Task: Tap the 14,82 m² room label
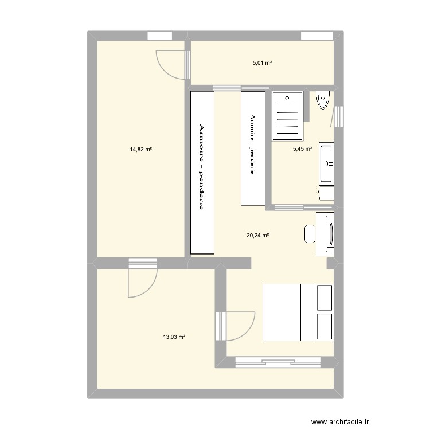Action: [x=140, y=150]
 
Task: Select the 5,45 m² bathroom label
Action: [x=302, y=148]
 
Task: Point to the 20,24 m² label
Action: [x=258, y=234]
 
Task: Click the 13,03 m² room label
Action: [x=174, y=337]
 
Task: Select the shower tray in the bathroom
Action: [x=288, y=116]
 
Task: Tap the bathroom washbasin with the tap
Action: [x=327, y=163]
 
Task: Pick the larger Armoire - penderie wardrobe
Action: [x=202, y=173]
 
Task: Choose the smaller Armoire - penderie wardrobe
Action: [x=253, y=148]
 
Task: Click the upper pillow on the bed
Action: [x=325, y=298]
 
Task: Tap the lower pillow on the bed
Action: [x=325, y=327]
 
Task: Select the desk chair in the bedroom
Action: [x=310, y=234]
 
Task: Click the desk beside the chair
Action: [x=325, y=234]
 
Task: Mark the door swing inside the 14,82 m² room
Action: [x=170, y=64]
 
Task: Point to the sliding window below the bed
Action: [x=278, y=361]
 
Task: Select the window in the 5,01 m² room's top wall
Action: [x=316, y=36]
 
